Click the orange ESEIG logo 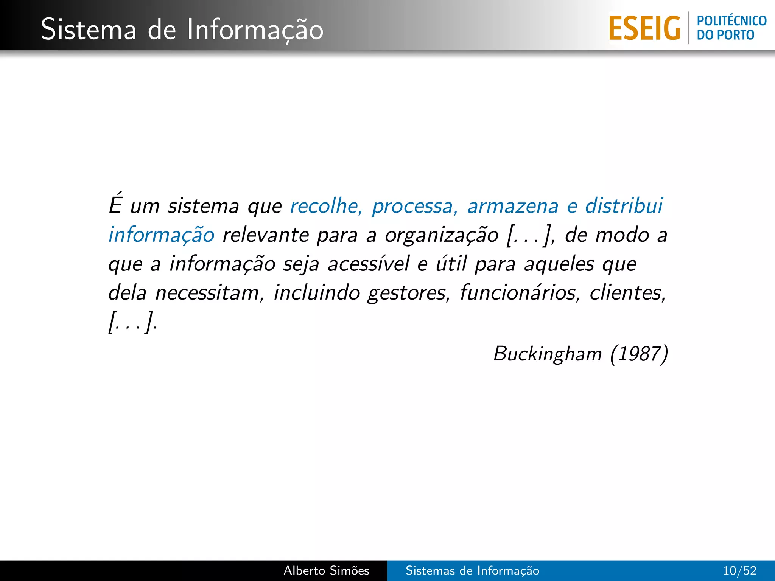tap(644, 28)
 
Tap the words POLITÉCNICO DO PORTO tap(731, 28)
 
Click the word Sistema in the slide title tap(88, 30)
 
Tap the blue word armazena tap(513, 206)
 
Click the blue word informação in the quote tap(162, 235)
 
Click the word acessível tap(369, 264)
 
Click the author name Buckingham tap(547, 354)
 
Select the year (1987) tap(639, 354)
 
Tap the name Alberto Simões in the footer tap(326, 570)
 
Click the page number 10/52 tap(739, 570)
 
